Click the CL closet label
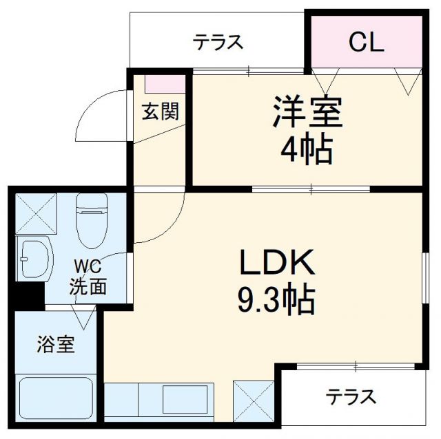[x=365, y=43]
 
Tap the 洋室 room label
[x=307, y=113]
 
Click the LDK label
[x=277, y=262]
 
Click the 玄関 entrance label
[x=161, y=111]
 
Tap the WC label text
[x=88, y=264]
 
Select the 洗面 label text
[x=88, y=285]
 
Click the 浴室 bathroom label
[x=55, y=344]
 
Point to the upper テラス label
[x=218, y=43]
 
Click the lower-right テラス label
[x=351, y=397]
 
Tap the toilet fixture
[x=92, y=220]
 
